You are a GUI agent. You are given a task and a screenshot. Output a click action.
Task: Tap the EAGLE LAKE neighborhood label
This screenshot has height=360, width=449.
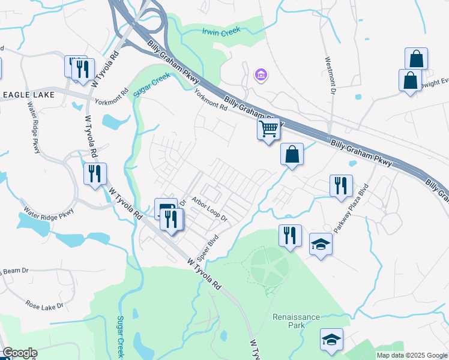click(x=29, y=95)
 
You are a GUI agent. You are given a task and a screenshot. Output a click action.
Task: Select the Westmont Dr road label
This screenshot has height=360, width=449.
click(x=330, y=76)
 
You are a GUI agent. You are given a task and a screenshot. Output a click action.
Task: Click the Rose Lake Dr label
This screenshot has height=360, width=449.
click(x=44, y=305)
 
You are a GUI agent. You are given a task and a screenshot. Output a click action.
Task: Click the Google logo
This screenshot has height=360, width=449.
click(x=20, y=353)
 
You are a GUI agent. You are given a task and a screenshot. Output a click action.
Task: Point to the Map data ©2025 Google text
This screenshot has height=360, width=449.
click(x=411, y=355)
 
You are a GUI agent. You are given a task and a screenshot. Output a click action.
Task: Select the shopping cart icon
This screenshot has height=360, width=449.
click(x=268, y=128)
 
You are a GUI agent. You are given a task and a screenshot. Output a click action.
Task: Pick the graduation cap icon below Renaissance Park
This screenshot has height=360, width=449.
click(x=331, y=339)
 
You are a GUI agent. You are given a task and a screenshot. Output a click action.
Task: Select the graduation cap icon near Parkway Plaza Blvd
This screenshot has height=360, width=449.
click(x=321, y=244)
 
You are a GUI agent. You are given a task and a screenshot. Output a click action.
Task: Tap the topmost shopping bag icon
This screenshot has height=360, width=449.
click(x=416, y=59)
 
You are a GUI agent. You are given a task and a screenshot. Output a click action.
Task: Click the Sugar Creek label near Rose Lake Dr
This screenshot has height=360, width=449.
click(x=120, y=335)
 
